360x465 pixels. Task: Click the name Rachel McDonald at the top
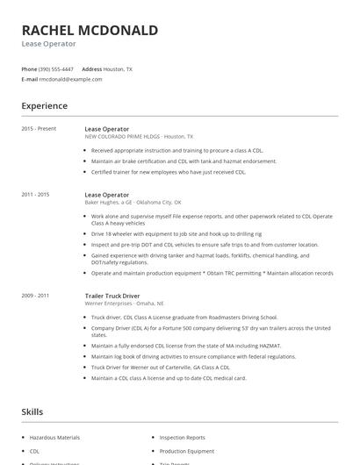click(x=90, y=30)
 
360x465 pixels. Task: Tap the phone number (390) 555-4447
click(x=56, y=68)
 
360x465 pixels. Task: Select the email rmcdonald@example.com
click(x=70, y=79)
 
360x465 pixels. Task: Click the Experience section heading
click(x=44, y=106)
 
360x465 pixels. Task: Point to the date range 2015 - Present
click(x=39, y=129)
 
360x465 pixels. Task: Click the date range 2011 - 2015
click(x=35, y=193)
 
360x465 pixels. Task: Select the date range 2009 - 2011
click(x=35, y=297)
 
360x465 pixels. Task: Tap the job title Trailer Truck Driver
click(x=113, y=297)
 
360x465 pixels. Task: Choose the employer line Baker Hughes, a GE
click(x=133, y=201)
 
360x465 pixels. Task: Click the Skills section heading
click(x=32, y=411)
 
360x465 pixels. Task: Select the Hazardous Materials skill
click(x=55, y=437)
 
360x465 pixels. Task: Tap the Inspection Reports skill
click(x=182, y=437)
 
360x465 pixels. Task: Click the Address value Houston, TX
click(x=119, y=68)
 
